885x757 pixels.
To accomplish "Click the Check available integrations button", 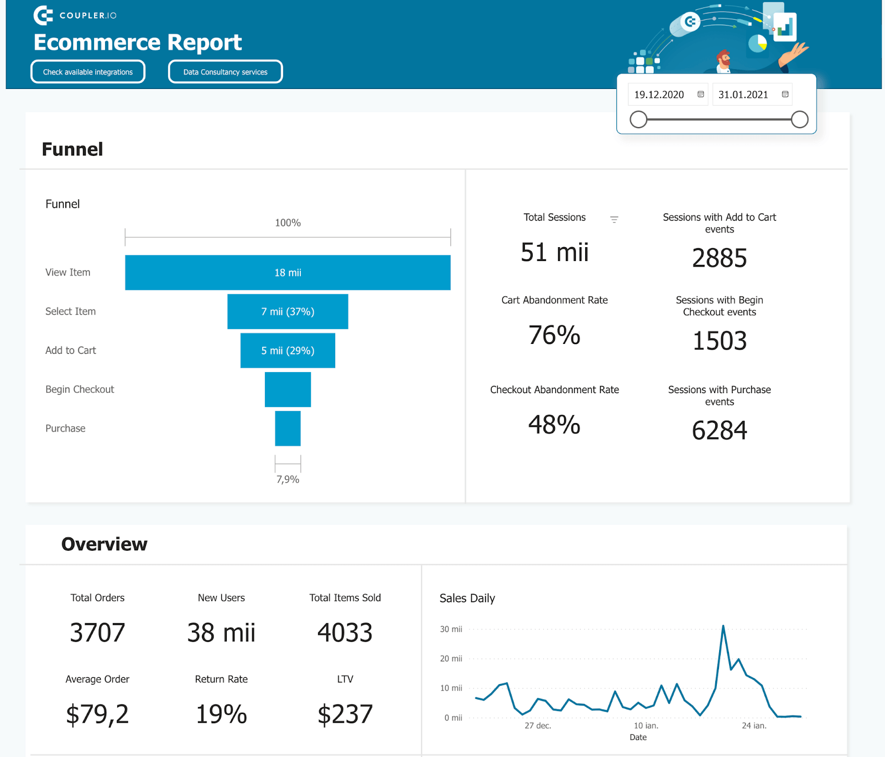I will [x=88, y=72].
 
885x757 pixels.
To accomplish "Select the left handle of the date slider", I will [x=638, y=119].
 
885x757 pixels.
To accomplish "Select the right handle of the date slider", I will [x=799, y=119].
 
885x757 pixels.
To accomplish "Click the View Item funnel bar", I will [x=288, y=273].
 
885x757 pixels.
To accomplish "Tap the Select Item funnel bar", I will [x=288, y=312].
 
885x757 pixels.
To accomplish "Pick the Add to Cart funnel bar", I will [x=288, y=351].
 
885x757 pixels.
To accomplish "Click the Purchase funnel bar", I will [x=288, y=429].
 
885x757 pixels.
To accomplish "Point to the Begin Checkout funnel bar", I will [x=288, y=389].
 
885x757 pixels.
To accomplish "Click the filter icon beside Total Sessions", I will [x=614, y=220].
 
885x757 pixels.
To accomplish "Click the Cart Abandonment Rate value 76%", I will [x=554, y=335].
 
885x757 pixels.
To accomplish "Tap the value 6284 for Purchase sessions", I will [x=719, y=430].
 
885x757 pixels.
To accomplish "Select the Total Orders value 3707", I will [x=97, y=633].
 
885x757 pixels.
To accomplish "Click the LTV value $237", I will [x=345, y=714].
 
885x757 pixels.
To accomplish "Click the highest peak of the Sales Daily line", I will [x=723, y=627].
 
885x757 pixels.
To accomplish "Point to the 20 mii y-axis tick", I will [x=451, y=659].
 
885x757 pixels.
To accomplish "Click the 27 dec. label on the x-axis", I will [x=538, y=725].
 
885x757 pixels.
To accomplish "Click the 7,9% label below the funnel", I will [x=288, y=479].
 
